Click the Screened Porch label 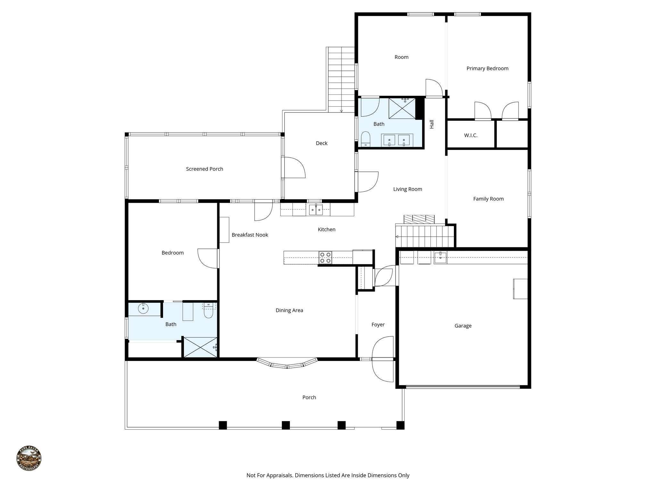(204, 169)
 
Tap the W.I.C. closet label (471, 135)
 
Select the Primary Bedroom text (487, 68)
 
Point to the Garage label (463, 326)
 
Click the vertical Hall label (431, 124)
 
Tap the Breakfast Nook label (250, 235)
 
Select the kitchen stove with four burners (325, 258)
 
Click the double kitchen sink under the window (316, 210)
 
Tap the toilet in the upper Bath (365, 140)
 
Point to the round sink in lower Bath (143, 309)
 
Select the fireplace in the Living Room (419, 219)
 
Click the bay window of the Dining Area (287, 364)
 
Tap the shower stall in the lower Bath (200, 347)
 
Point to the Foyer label (378, 325)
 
